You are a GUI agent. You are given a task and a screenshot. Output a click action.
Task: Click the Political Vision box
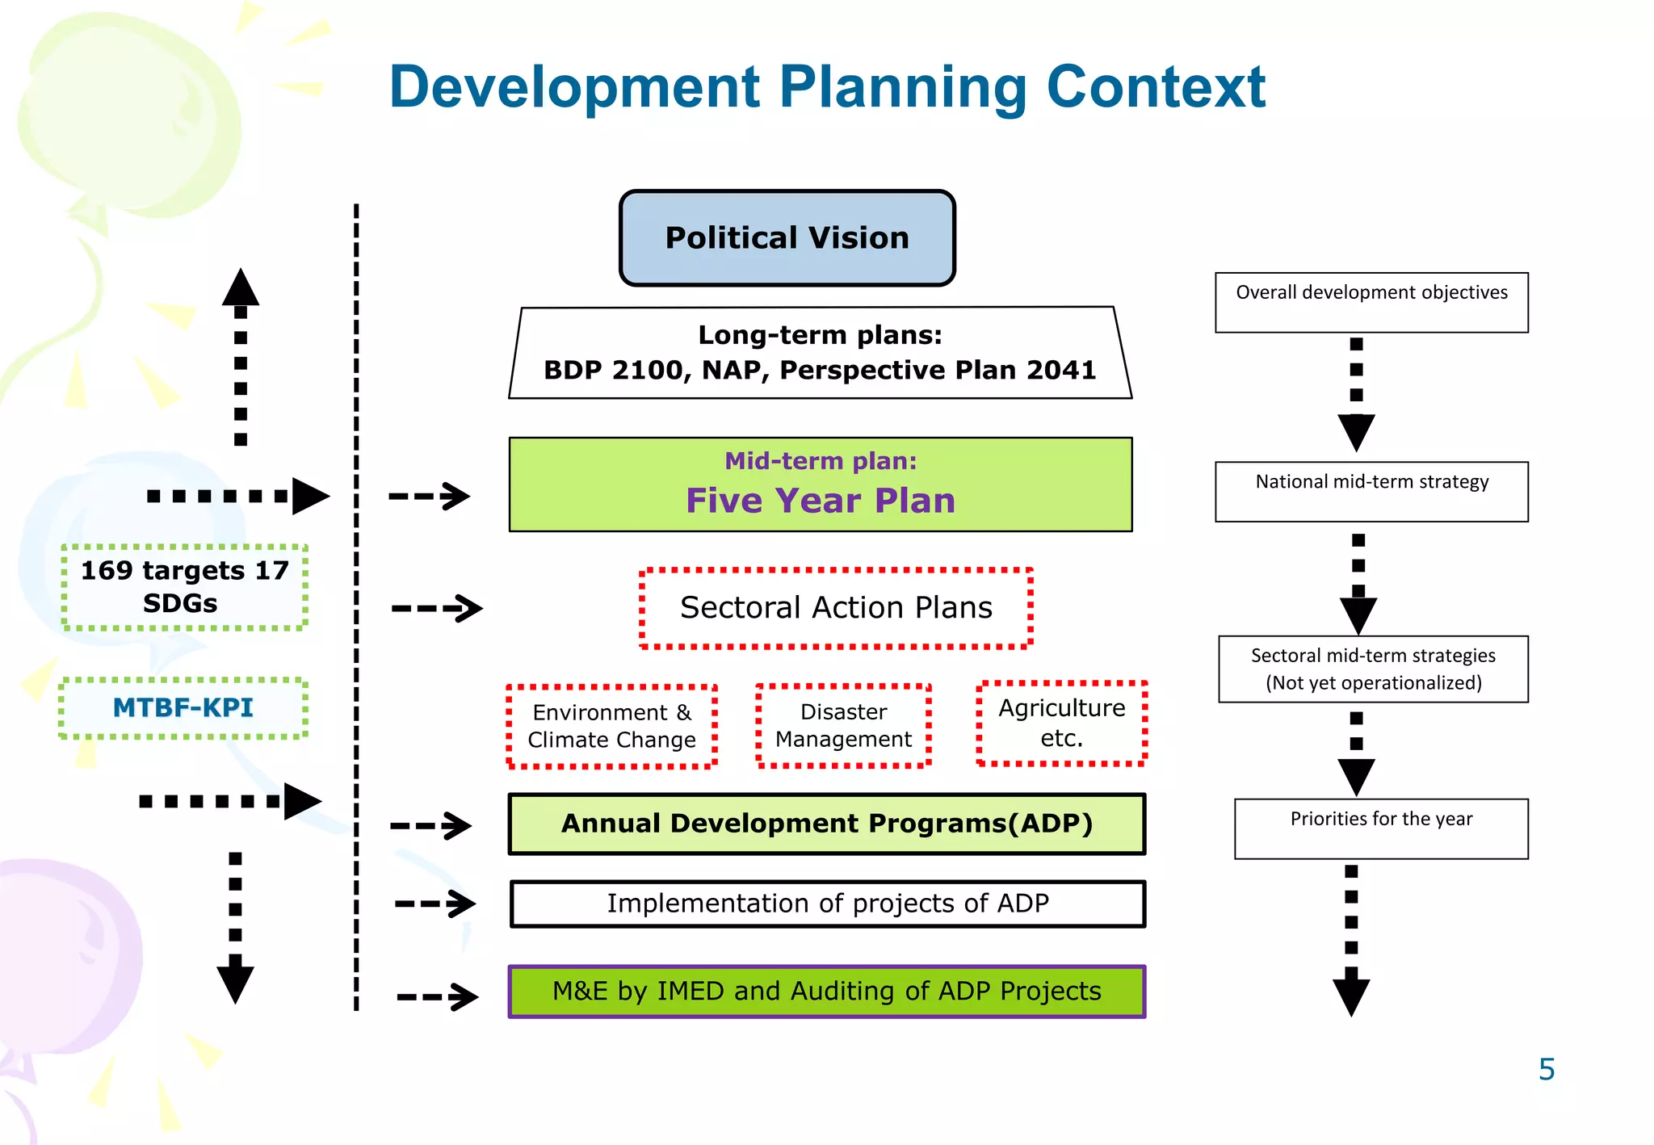(787, 238)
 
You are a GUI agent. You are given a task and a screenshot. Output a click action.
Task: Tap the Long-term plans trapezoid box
(820, 353)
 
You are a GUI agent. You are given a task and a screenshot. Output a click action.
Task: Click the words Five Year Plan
(820, 501)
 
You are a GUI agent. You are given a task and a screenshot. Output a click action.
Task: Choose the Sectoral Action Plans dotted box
(836, 608)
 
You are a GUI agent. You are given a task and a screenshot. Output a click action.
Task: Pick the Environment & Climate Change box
(611, 726)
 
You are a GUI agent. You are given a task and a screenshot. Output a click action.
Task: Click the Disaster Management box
(843, 725)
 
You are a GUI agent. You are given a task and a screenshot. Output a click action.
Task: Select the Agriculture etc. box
(1061, 723)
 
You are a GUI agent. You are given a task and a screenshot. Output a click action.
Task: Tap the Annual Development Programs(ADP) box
(826, 824)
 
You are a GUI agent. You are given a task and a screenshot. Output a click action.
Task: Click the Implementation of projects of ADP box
(827, 904)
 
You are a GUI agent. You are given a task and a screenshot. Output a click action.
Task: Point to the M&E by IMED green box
(826, 992)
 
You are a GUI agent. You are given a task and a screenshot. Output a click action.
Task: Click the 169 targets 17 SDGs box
(184, 587)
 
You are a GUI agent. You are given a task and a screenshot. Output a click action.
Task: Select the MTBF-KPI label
(183, 708)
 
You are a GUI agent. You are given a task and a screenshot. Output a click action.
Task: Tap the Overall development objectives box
(1371, 302)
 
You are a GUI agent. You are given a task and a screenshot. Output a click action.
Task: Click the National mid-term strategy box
(1371, 491)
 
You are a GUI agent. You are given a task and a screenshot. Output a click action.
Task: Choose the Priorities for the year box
(1381, 828)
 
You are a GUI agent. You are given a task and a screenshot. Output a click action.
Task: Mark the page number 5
(1546, 1069)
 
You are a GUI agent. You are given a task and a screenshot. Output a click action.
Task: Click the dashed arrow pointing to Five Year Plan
(429, 496)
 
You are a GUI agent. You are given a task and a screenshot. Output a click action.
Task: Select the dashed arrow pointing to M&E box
(437, 996)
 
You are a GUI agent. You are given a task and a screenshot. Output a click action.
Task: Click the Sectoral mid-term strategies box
(1373, 669)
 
